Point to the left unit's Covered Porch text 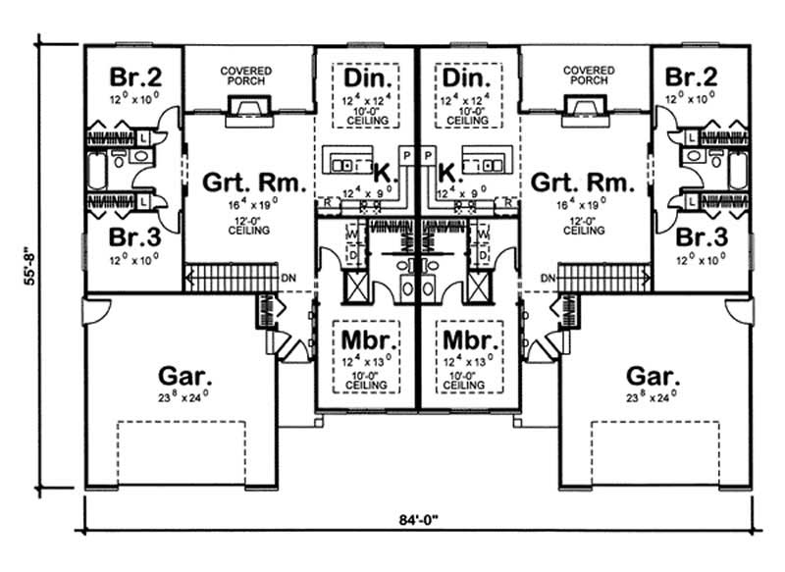tap(245, 77)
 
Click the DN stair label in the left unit tap(288, 280)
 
